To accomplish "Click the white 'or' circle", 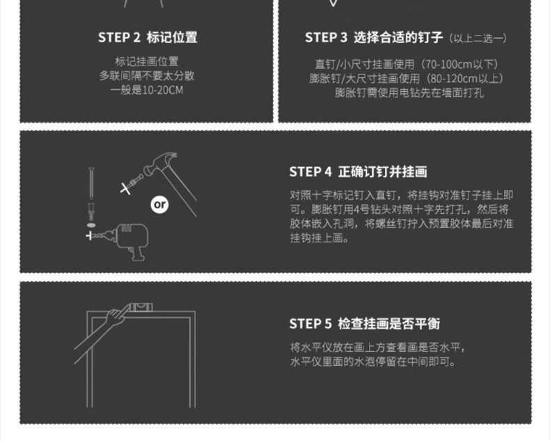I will (160, 204).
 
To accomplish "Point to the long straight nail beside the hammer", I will (91, 183).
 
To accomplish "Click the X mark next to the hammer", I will (125, 187).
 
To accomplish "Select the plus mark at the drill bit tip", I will (89, 236).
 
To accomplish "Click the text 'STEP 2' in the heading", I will (119, 38).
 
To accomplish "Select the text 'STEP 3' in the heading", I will (326, 38).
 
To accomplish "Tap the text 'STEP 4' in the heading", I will (311, 172).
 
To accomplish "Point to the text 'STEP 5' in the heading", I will (311, 324).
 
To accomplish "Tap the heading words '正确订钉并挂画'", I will (382, 172).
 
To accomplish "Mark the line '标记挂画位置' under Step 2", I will (146, 61).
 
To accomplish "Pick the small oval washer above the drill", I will (91, 225).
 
